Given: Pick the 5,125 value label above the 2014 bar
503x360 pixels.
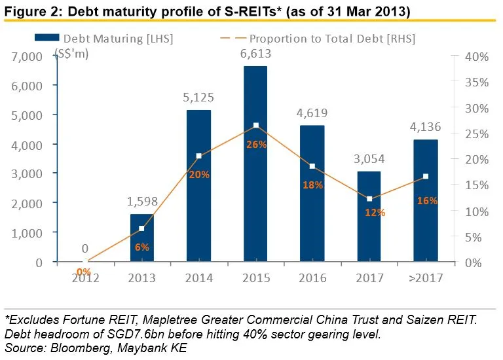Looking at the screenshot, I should point(199,98).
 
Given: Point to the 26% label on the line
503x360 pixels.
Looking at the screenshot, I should point(257,144).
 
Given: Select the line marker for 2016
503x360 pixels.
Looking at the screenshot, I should point(312,166).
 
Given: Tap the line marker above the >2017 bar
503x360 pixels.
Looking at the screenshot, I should point(426,177).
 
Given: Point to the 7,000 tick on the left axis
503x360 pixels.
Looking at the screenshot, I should point(28,57).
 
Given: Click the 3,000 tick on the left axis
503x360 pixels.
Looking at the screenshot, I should point(28,173).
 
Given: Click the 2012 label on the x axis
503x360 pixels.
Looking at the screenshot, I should point(86,278).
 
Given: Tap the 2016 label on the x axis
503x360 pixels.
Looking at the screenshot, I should point(312,278).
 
